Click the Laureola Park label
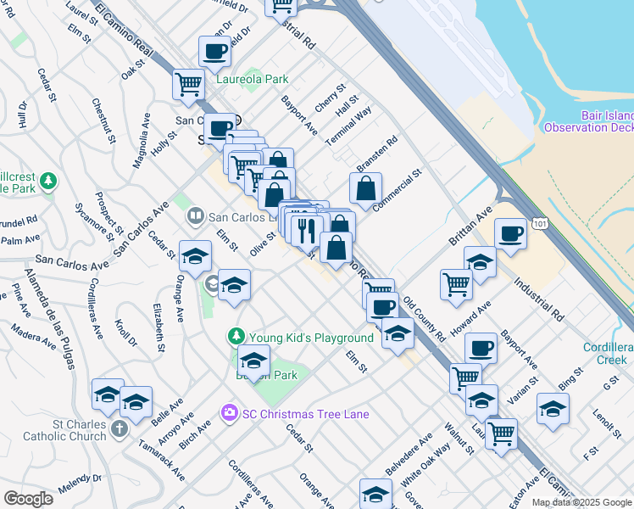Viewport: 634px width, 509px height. coord(252,79)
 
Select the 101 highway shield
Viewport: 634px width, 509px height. coord(539,222)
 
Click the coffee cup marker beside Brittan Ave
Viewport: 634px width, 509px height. coord(511,233)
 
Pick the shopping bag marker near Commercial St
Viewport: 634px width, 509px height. coord(365,189)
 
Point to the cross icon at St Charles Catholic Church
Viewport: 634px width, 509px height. coord(119,430)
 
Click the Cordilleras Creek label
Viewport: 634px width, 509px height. coord(606,354)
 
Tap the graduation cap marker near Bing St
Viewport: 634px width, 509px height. coord(553,410)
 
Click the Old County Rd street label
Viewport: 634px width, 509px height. coord(424,319)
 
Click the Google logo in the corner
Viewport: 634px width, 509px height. coord(28,498)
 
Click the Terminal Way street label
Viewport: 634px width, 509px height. coord(349,126)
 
